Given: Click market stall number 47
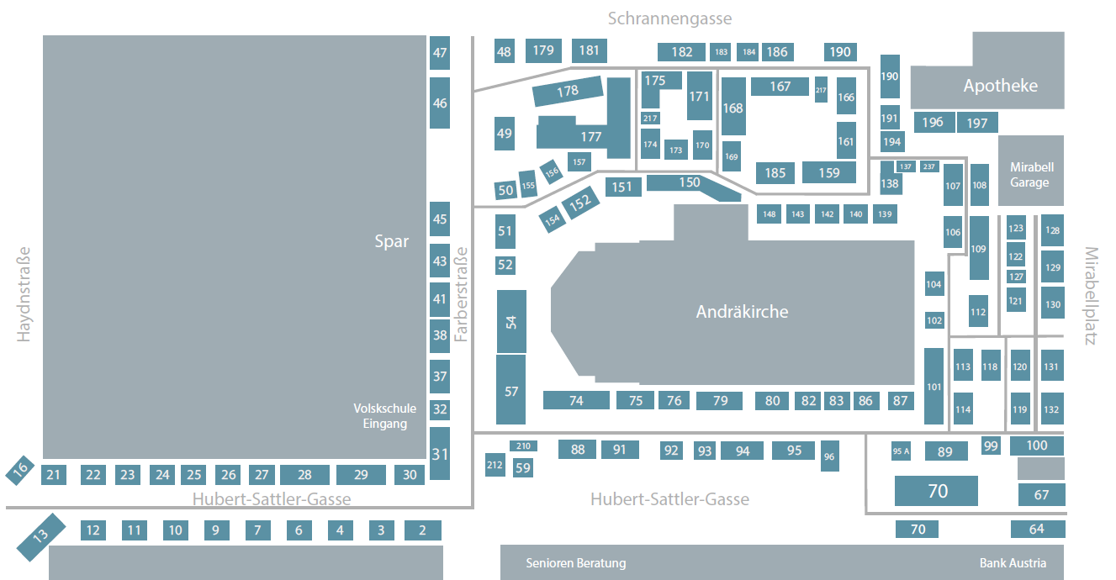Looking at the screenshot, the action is (x=440, y=53).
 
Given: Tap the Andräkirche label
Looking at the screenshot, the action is (x=742, y=312).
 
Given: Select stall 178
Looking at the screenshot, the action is (x=568, y=91).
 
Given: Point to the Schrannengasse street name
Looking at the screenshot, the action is (x=669, y=18).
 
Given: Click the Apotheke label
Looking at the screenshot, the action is (x=1001, y=86).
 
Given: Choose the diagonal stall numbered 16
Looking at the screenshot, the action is (x=20, y=470).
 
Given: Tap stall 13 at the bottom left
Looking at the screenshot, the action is (x=41, y=537).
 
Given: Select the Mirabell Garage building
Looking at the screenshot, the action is (x=1031, y=171).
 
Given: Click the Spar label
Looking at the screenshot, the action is (x=392, y=241).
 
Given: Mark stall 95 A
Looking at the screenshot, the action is (x=901, y=451).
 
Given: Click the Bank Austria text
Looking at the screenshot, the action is (x=1013, y=563).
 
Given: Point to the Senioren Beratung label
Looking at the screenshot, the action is (x=576, y=563).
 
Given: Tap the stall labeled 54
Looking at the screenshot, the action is (x=511, y=322).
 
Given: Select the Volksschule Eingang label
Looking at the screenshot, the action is (x=384, y=416).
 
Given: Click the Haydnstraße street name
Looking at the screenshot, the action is (x=24, y=294).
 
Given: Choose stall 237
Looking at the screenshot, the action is (x=929, y=166).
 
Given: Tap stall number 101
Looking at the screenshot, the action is (x=934, y=387).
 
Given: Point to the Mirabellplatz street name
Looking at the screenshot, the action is (x=1091, y=296).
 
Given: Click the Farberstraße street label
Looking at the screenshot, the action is (x=462, y=294).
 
